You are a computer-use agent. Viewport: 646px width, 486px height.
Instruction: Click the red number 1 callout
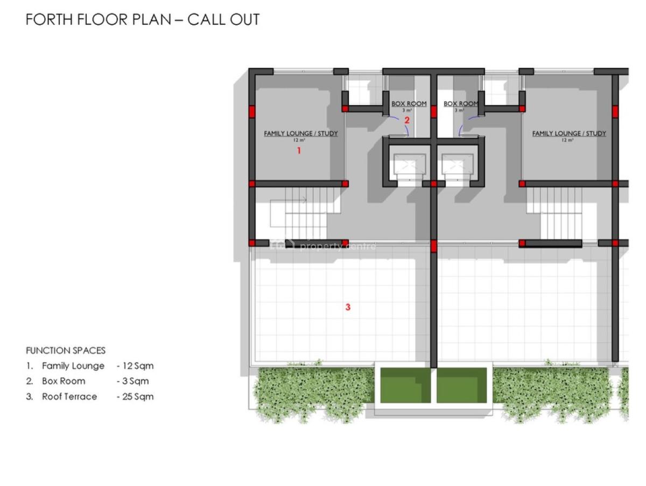(299, 151)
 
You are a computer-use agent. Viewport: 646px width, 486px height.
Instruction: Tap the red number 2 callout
(407, 121)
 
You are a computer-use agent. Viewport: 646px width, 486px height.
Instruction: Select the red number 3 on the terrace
(348, 307)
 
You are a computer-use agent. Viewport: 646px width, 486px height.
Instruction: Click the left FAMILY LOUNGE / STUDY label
(300, 133)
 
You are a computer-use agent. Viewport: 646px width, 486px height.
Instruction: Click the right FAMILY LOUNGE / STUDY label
(569, 133)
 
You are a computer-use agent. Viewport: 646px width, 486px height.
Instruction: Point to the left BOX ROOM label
(409, 104)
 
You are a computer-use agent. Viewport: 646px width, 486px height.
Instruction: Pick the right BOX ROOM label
(461, 104)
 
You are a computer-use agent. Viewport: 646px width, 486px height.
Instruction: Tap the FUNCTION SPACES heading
(66, 350)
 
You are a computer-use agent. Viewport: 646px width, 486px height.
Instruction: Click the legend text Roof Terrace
(69, 397)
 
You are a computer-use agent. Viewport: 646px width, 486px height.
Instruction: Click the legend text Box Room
(64, 381)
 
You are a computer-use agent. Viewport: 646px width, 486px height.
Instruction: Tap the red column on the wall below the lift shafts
(434, 246)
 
